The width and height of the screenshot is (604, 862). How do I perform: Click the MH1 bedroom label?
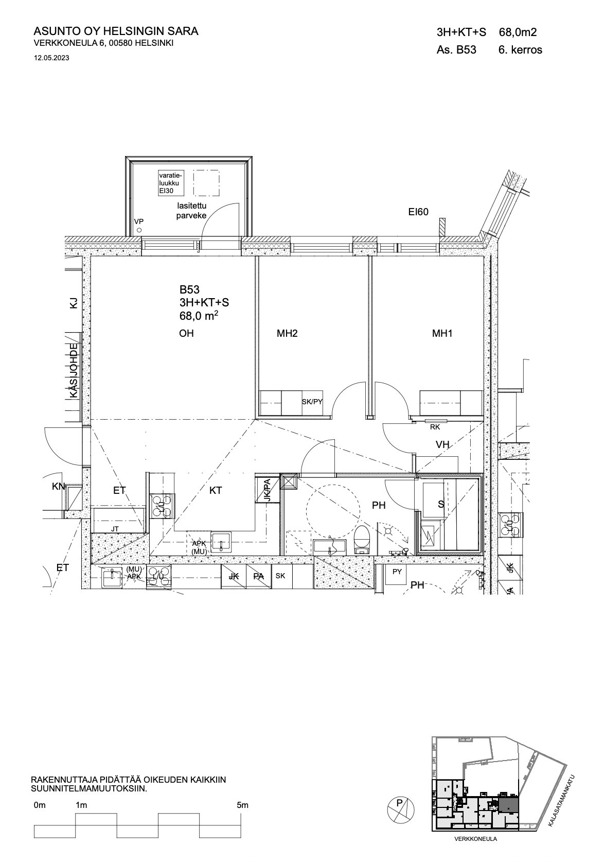(442, 333)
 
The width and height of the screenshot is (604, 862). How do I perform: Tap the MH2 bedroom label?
(287, 333)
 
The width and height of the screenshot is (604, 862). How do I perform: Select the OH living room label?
(186, 333)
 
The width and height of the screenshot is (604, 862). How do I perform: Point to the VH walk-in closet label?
(442, 444)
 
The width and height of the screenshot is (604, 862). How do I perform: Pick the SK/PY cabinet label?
(312, 402)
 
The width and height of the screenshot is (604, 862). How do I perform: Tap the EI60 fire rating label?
(418, 212)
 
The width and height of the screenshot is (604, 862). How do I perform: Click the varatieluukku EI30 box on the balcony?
(171, 183)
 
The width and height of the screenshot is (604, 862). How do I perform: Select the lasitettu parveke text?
(191, 211)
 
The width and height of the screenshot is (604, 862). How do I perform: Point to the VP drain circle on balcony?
(139, 230)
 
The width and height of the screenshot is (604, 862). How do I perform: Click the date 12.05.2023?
(51, 58)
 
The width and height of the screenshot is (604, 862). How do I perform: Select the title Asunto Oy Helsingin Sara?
(116, 31)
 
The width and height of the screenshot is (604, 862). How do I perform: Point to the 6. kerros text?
(520, 50)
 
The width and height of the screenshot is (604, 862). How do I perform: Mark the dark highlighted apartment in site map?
(508, 803)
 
